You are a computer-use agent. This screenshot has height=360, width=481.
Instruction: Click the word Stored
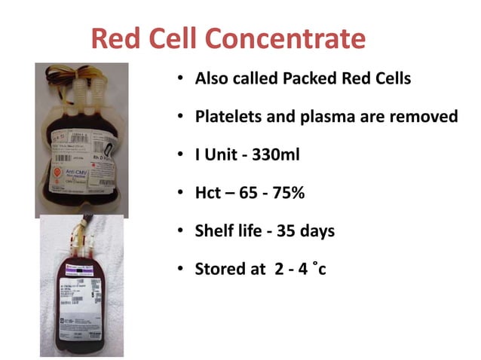point(220,269)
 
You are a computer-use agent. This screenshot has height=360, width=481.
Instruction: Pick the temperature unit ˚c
point(320,269)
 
